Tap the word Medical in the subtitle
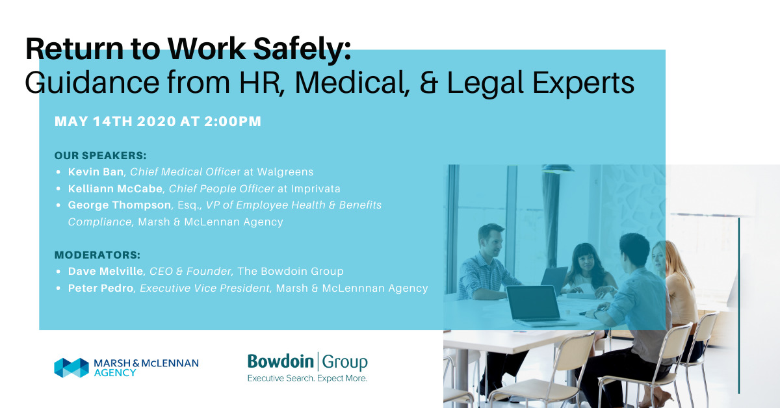352,83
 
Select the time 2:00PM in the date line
233,121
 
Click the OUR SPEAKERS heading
100,155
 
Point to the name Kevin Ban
96,172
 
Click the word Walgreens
285,172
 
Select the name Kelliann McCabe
115,188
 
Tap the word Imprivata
315,188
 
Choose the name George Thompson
120,205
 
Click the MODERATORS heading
97,255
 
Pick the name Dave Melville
105,271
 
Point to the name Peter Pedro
101,288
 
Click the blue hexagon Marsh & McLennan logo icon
71,368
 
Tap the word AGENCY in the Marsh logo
115,373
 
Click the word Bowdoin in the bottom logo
280,361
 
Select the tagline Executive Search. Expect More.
307,378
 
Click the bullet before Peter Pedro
58,288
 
